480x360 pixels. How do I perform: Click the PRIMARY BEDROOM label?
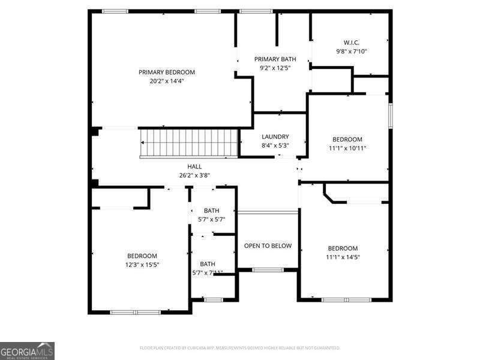pos(167,72)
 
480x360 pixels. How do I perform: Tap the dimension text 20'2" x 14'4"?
pos(167,80)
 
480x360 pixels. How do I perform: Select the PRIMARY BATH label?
pos(275,59)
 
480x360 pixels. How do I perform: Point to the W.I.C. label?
pos(351,43)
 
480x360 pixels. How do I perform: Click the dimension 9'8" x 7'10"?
pos(351,52)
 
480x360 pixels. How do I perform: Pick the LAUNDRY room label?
pos(275,137)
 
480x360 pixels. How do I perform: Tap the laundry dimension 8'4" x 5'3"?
pos(275,145)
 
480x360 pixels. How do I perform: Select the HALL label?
pos(194,167)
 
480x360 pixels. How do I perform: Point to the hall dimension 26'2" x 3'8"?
pos(194,176)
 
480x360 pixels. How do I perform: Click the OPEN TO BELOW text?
pos(268,246)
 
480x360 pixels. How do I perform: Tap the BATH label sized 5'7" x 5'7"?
pos(211,211)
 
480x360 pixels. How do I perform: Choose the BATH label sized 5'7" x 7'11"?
pos(208,264)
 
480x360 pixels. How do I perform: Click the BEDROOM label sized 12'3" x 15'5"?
pos(142,256)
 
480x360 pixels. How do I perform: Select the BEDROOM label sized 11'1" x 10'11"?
pos(347,139)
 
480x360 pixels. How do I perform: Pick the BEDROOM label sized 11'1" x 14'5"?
pos(343,248)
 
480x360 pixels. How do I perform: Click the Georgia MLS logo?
pos(28,350)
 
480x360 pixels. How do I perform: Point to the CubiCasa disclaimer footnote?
pos(239,347)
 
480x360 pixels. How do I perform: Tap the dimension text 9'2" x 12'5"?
pos(275,68)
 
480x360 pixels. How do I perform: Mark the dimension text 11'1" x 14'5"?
pos(343,257)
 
